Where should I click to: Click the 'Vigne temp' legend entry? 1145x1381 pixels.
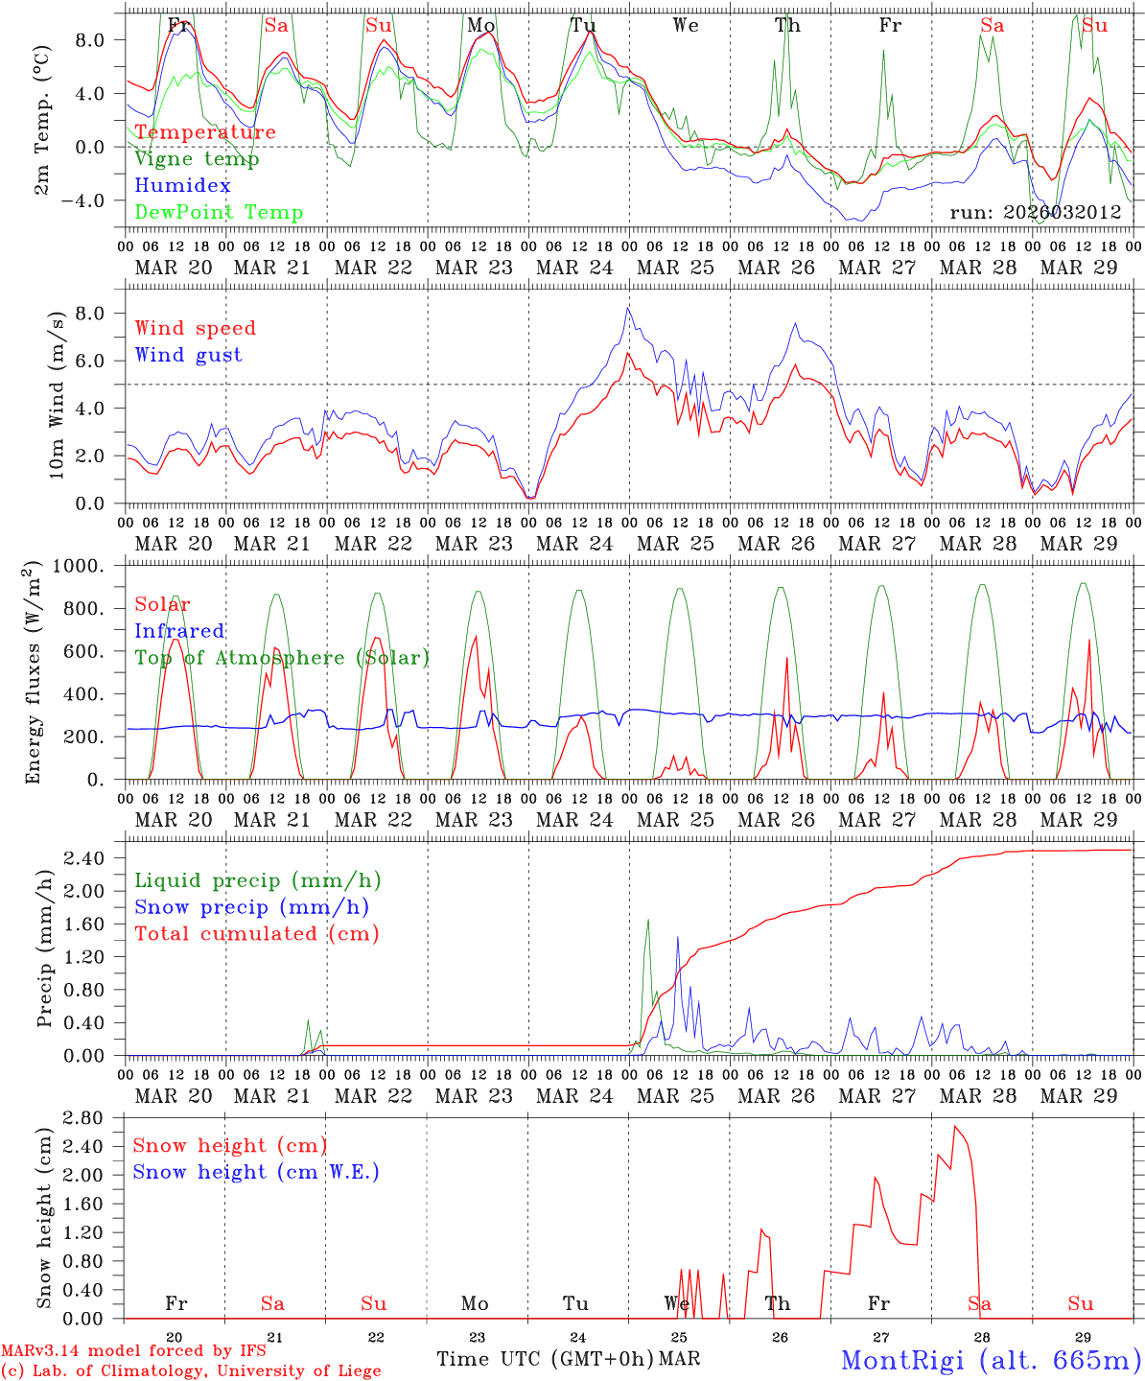[x=197, y=159]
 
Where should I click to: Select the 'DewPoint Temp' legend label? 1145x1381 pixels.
[x=219, y=213]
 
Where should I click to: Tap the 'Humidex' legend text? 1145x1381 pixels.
[x=182, y=186]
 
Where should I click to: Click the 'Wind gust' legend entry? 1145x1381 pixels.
[x=188, y=355]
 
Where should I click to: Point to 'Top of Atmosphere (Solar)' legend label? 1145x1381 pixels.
[x=282, y=658]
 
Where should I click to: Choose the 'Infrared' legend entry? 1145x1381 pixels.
[x=179, y=631]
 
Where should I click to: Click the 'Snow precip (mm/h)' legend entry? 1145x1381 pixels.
[x=251, y=907]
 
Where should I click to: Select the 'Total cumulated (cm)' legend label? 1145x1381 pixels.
[x=256, y=934]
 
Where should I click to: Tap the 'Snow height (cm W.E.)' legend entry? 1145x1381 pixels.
[x=256, y=1172]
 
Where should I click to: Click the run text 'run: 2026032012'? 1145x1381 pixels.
[x=1035, y=213]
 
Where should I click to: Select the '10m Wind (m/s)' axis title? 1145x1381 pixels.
[x=57, y=395]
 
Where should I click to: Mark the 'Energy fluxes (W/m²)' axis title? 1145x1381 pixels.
[x=34, y=671]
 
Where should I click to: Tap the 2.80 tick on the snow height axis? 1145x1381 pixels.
[x=97, y=1117]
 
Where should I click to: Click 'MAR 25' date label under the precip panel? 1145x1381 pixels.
[x=675, y=1095]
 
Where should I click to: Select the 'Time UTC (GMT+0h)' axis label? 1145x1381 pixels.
[x=545, y=1359]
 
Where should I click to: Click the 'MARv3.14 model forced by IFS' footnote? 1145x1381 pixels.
[x=133, y=1351]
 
